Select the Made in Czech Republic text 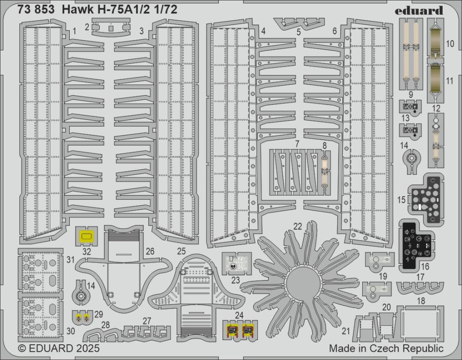[386, 348]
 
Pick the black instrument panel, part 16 [416, 244]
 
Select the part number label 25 [181, 251]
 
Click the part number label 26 [150, 251]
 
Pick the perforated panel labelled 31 [39, 272]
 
